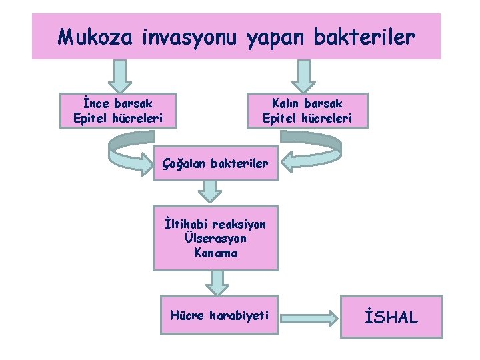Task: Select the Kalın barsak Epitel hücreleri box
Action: pos(307,111)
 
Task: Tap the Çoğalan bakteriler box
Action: pos(215,163)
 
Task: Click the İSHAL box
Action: pos(391,316)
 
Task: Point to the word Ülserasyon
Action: pos(215,238)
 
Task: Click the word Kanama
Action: pos(215,252)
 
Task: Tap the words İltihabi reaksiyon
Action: pos(215,224)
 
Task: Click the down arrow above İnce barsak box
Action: pos(120,75)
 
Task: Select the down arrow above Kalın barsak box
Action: pos(304,75)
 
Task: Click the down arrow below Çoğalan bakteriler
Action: pos(211,191)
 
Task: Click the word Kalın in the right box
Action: pos(287,103)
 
